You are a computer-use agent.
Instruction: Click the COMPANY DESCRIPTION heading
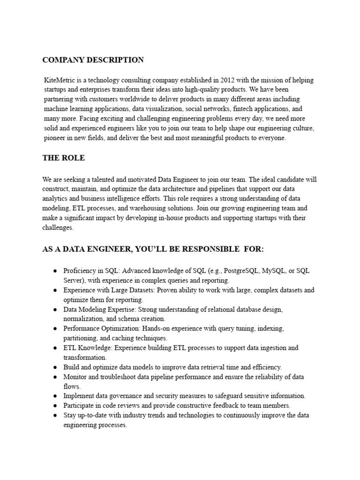(x=93, y=60)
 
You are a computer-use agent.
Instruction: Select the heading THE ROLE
(x=64, y=158)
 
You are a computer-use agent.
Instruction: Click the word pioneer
(x=54, y=138)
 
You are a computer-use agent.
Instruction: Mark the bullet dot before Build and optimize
(x=55, y=367)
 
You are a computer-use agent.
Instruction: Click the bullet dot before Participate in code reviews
(x=55, y=405)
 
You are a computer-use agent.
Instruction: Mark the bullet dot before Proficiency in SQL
(x=55, y=271)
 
